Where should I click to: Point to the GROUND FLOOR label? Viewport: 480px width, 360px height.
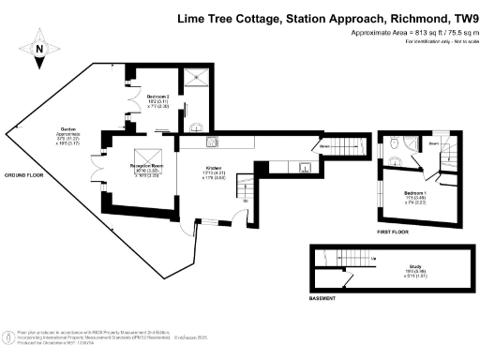[24, 175]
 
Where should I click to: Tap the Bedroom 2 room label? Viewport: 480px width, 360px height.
[156, 97]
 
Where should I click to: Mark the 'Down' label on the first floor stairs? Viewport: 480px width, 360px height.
[434, 142]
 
